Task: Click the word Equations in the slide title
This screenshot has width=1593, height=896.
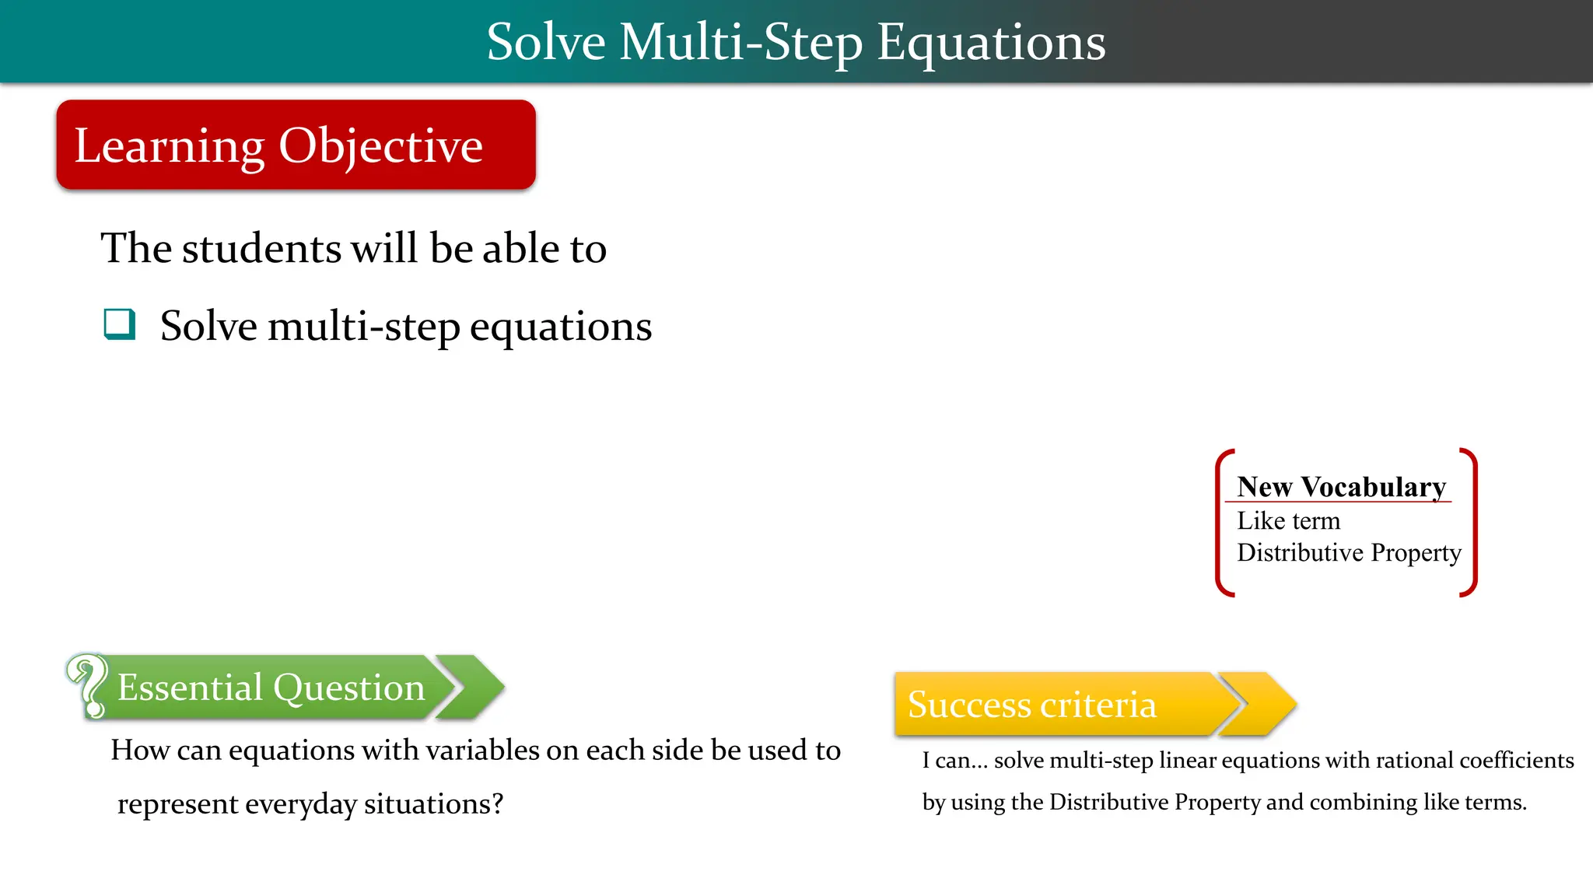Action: pyautogui.click(x=991, y=43)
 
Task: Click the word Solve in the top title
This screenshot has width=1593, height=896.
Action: pyautogui.click(x=545, y=43)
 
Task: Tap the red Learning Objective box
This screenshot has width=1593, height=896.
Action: pyautogui.click(x=296, y=145)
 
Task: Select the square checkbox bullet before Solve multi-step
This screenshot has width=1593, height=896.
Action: pyautogui.click(x=120, y=324)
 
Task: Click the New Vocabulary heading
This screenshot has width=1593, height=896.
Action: pyautogui.click(x=1341, y=487)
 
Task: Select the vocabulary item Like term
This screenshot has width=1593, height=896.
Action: pyautogui.click(x=1288, y=520)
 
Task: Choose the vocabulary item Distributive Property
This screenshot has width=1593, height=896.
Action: pyautogui.click(x=1349, y=552)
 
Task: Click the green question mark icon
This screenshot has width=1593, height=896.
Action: pyautogui.click(x=88, y=685)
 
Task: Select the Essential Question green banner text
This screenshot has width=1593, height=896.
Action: pyautogui.click(x=271, y=688)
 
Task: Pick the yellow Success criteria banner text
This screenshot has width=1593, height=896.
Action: pyautogui.click(x=1031, y=705)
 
